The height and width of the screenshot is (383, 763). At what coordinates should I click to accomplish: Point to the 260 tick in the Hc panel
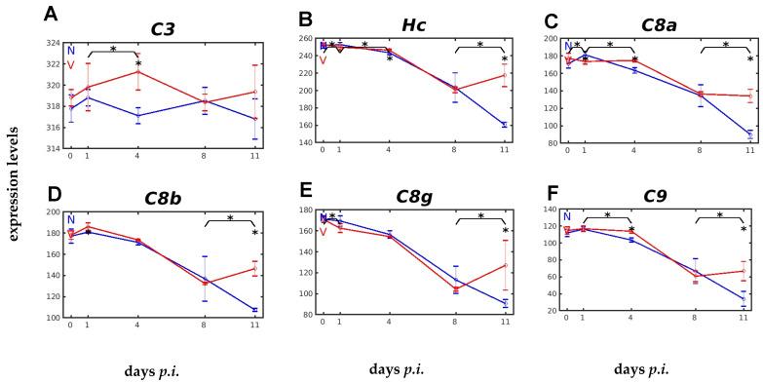[304, 38]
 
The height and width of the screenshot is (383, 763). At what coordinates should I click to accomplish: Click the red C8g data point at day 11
[504, 265]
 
